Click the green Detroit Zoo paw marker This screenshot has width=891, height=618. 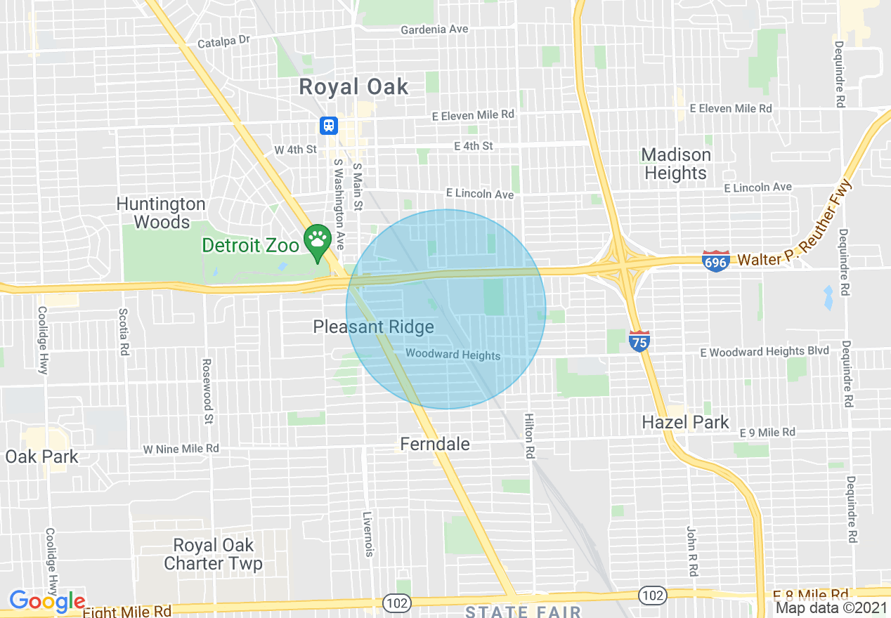(x=318, y=240)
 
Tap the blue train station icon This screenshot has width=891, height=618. (x=328, y=126)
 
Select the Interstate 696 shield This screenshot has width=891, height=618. (x=715, y=260)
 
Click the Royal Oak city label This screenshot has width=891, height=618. (x=353, y=87)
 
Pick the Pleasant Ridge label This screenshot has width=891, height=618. (x=373, y=327)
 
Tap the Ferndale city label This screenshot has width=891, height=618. (x=435, y=444)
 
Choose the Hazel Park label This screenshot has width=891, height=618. (x=686, y=422)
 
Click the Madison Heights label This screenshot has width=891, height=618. (x=675, y=164)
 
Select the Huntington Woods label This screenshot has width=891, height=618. (x=161, y=213)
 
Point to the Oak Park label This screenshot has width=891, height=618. (x=42, y=456)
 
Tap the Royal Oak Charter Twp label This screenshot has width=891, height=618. (x=213, y=554)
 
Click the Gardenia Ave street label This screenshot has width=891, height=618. (x=434, y=29)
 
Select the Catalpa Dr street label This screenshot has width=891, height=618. (x=223, y=41)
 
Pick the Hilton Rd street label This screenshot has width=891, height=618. (x=529, y=436)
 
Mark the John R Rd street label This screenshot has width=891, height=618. (x=691, y=551)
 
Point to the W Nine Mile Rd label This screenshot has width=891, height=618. (x=181, y=449)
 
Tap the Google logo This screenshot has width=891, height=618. (x=47, y=602)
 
